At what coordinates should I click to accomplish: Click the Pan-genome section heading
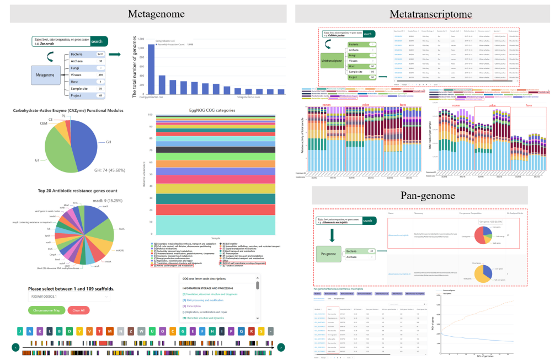tap(421, 196)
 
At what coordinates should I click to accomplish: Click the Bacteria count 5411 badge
tap(100, 55)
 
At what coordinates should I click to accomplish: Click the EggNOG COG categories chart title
tap(212, 110)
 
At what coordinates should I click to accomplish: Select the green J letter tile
tap(20, 332)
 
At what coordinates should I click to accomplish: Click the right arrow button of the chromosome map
tap(281, 347)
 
